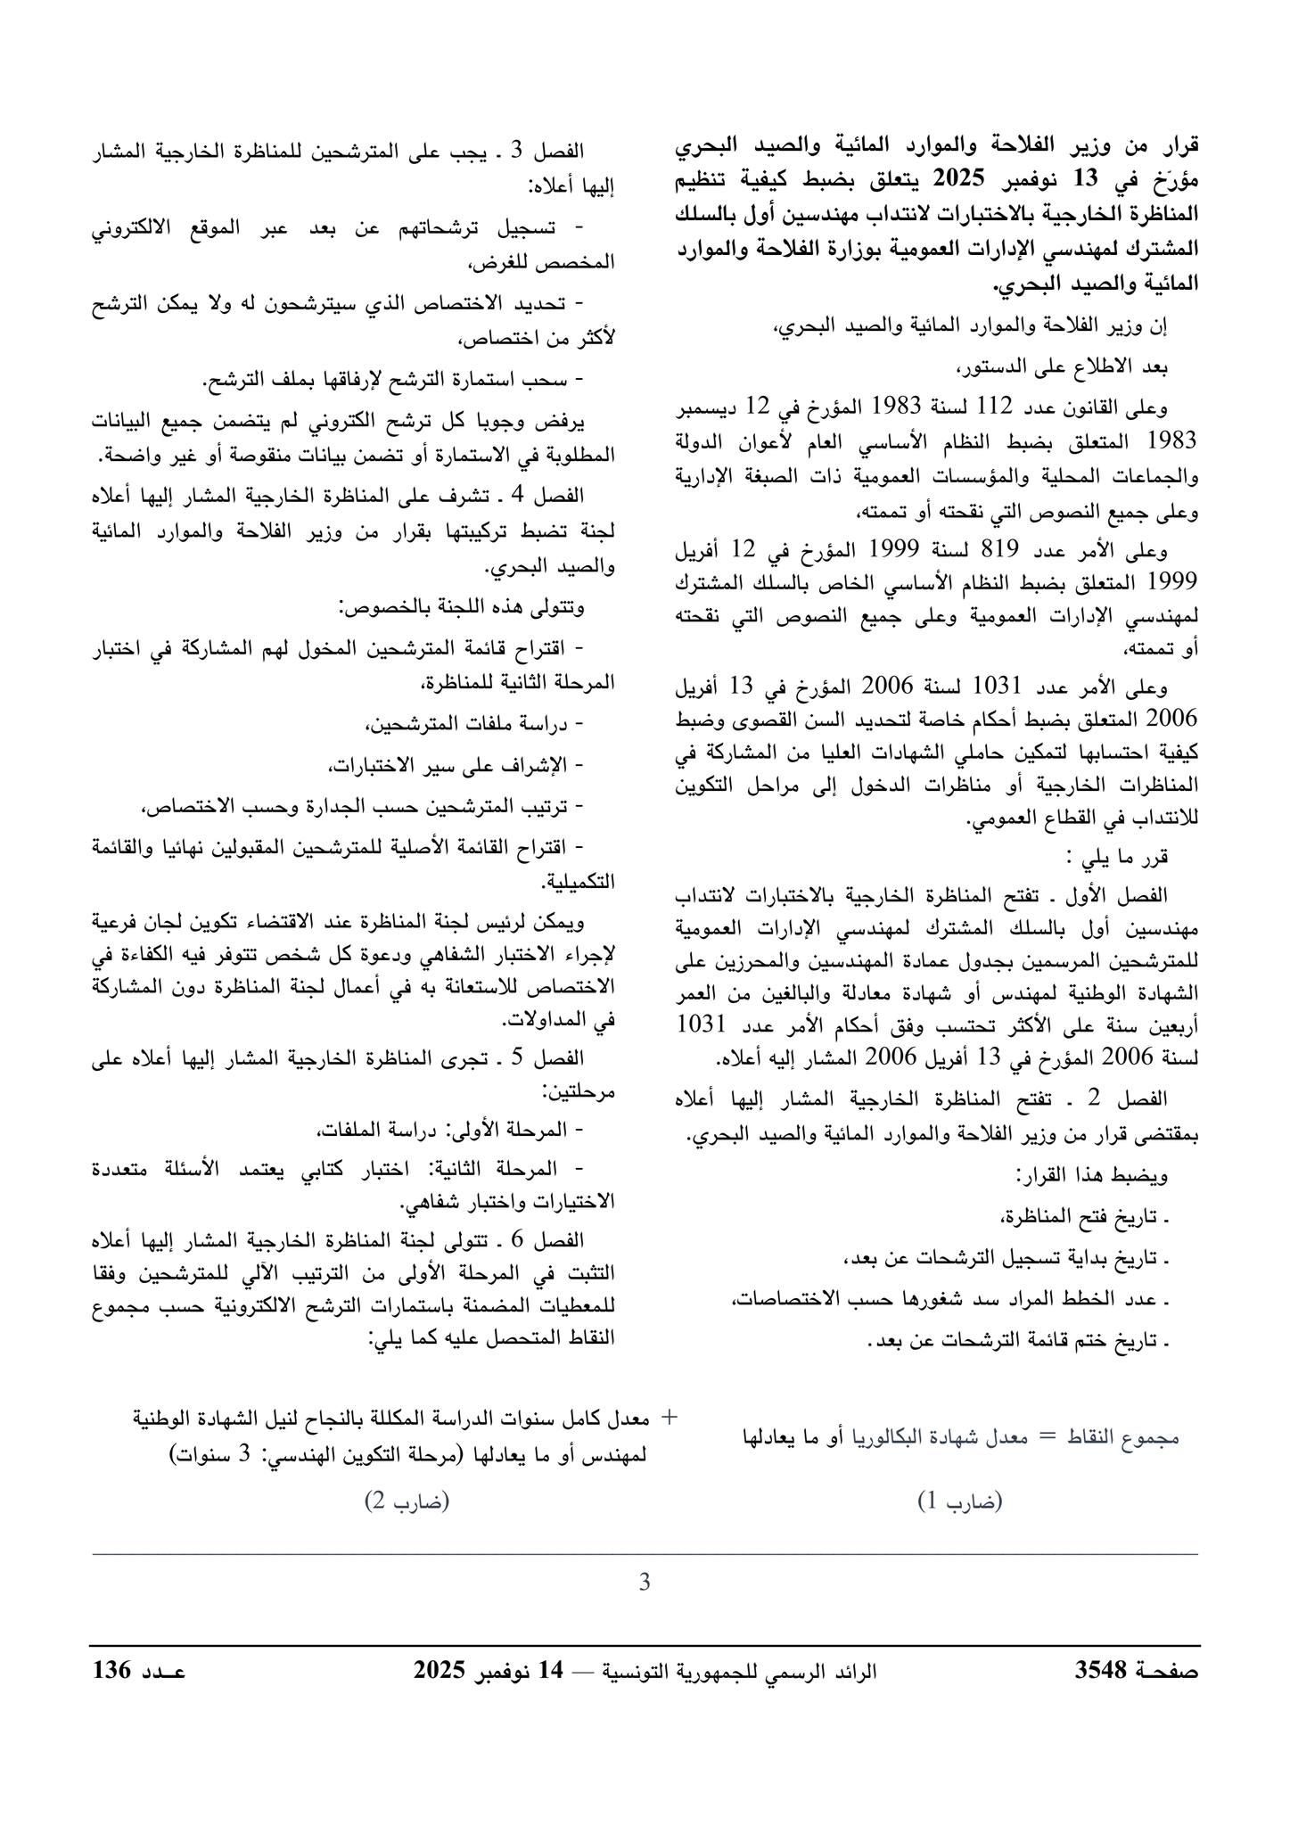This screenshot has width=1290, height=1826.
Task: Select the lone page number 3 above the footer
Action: click(645, 1583)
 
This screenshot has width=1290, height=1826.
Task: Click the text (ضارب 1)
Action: click(959, 1502)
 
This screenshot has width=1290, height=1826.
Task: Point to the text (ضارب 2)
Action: click(407, 1502)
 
